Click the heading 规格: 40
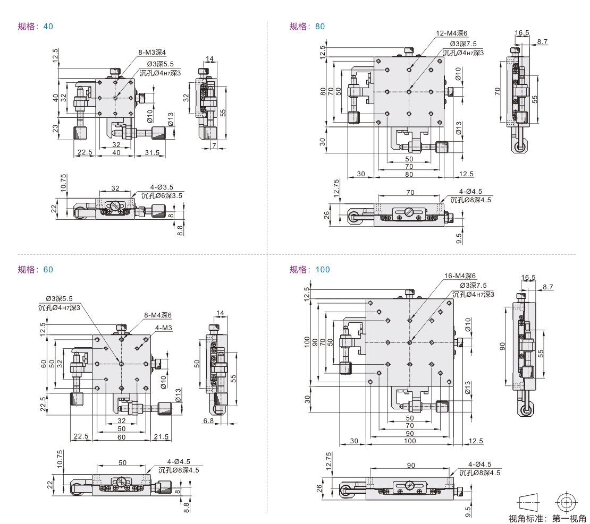(x=36, y=26)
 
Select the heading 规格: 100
(x=309, y=270)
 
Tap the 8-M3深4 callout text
(x=152, y=52)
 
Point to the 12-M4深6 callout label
(x=452, y=33)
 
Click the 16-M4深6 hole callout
(x=460, y=276)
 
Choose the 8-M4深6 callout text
(x=158, y=315)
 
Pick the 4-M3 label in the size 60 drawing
(x=164, y=328)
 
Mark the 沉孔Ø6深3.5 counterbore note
(x=162, y=195)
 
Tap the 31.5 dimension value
(x=153, y=153)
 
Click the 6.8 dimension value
(x=208, y=420)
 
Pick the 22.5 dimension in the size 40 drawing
(x=85, y=153)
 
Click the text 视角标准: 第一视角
(x=547, y=518)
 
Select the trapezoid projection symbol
(x=528, y=502)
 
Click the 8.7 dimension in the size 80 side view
(x=542, y=41)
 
